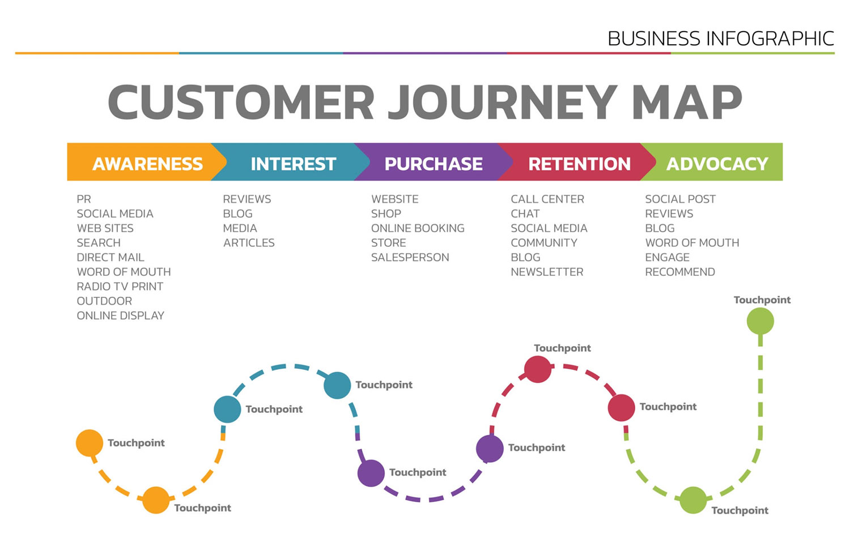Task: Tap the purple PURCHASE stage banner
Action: point(433,163)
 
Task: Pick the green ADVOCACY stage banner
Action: point(717,163)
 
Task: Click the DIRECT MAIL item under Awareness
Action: point(110,257)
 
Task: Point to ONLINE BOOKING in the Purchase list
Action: point(418,228)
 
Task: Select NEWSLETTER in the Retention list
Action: point(547,272)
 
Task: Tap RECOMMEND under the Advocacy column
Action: point(680,272)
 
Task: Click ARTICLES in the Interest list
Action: point(249,243)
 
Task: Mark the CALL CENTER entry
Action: point(547,199)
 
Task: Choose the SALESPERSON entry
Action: point(410,257)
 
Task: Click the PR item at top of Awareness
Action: point(84,199)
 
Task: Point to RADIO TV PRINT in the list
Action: point(120,287)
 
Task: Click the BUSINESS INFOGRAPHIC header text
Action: point(720,39)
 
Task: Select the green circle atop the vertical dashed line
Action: point(760,322)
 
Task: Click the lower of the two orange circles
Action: point(156,500)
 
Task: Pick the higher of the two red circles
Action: point(538,369)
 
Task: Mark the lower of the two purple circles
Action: point(371,473)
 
